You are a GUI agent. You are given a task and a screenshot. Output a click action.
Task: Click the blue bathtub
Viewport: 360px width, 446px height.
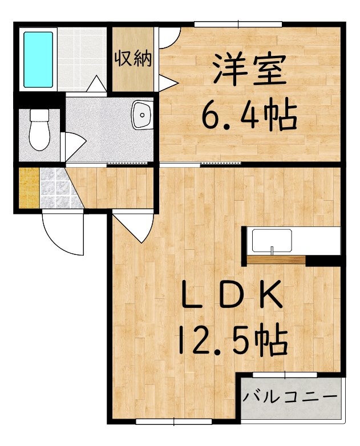coord(38,59)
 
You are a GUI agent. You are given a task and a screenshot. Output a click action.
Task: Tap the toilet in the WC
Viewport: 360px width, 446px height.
coord(39,129)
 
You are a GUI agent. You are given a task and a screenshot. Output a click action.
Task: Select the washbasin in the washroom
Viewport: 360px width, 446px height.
coord(142,115)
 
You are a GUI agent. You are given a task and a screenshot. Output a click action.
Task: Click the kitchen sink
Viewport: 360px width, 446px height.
coord(272,241)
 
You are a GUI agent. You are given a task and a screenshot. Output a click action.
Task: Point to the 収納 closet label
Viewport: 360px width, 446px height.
coord(133,58)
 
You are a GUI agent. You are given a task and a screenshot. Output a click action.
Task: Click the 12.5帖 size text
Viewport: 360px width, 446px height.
coord(233,341)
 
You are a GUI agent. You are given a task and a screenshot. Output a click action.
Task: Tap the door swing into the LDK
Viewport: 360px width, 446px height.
coord(134,227)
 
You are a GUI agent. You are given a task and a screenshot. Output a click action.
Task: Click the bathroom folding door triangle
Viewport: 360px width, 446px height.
coord(96,84)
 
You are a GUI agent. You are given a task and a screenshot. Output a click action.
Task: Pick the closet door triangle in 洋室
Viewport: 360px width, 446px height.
coord(168,83)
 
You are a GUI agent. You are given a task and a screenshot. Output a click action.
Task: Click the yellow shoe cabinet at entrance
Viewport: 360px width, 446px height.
coord(29,188)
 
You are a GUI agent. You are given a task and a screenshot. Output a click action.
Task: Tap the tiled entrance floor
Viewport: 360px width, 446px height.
coord(58,188)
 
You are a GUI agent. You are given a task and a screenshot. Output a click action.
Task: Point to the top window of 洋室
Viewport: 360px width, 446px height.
coord(238,25)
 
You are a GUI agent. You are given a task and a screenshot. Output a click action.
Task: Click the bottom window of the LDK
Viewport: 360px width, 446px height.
coord(174,422)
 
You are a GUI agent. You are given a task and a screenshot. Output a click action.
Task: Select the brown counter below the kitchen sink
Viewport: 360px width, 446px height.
coord(276,260)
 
